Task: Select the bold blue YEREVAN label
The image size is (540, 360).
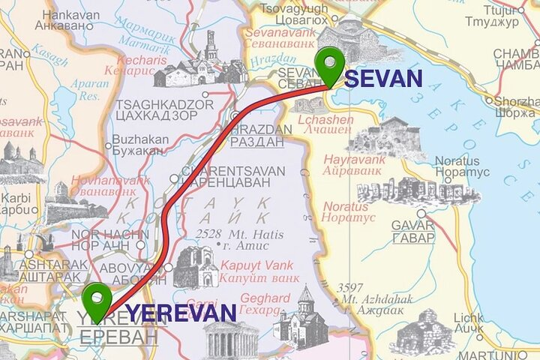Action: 181,313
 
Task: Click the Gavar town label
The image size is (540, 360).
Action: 413,231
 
